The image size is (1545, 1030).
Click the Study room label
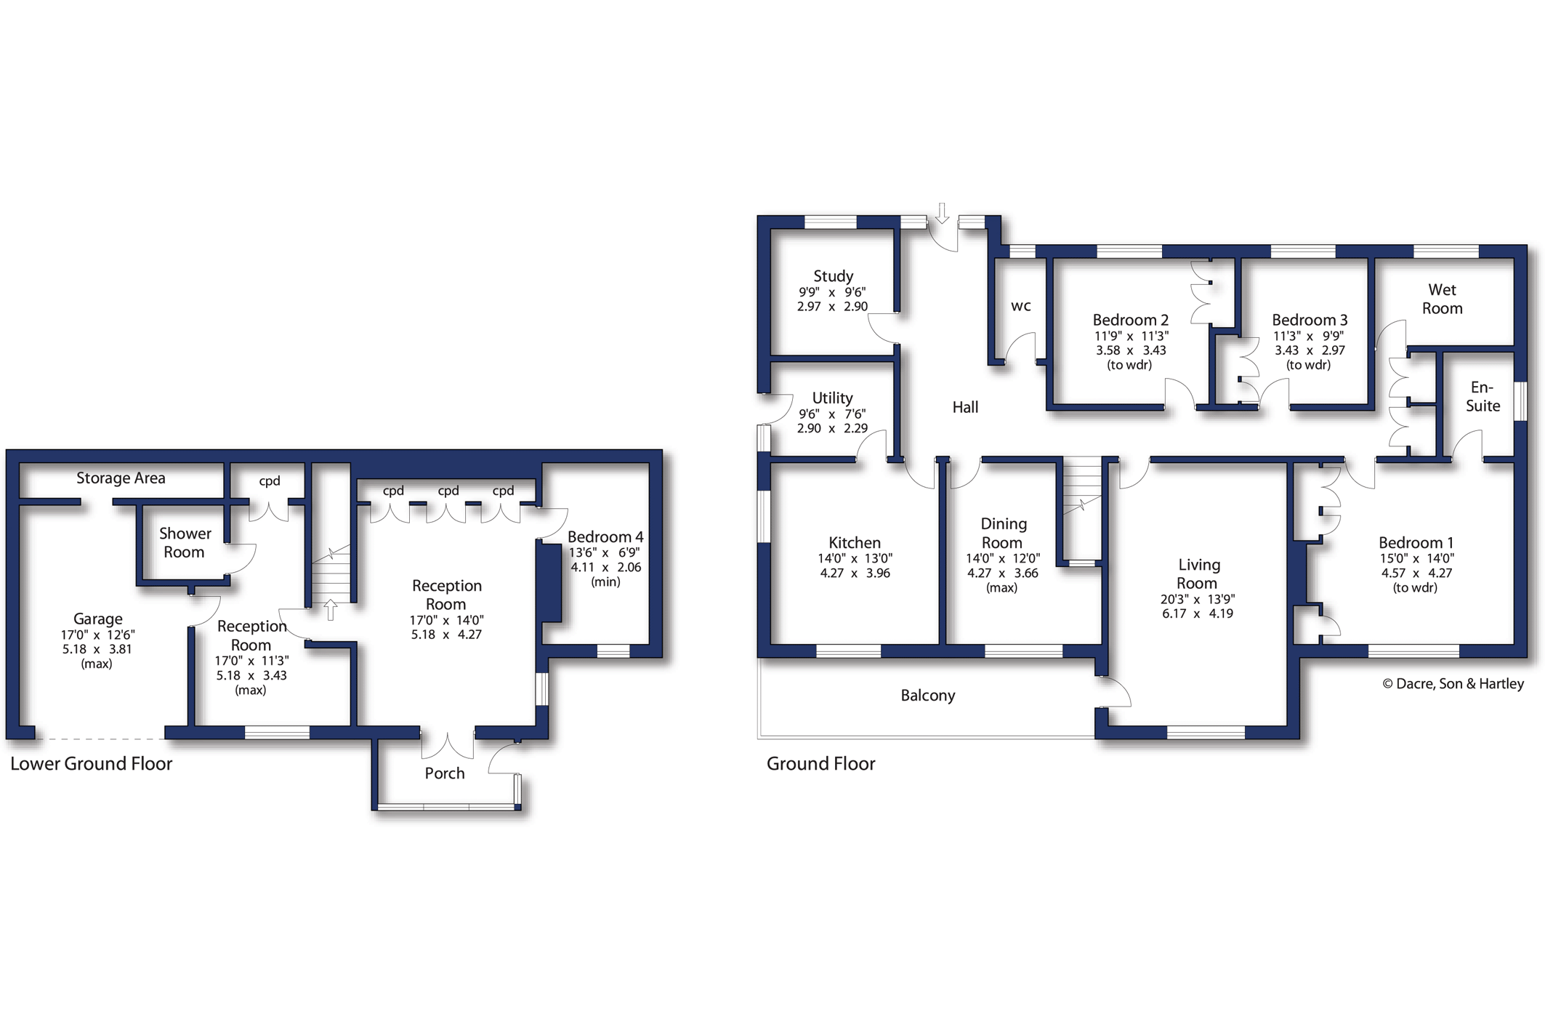pyautogui.click(x=833, y=276)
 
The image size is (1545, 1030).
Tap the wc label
pyautogui.click(x=1020, y=306)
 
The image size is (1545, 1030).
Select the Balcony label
pyautogui.click(x=927, y=696)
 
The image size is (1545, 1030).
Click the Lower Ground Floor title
pyautogui.click(x=91, y=764)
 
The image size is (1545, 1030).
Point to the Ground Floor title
pyautogui.click(x=820, y=764)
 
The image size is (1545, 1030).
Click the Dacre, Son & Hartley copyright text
pyautogui.click(x=1453, y=684)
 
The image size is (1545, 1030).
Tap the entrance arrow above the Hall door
pyautogui.click(x=942, y=213)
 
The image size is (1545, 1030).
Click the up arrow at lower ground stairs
pyautogui.click(x=331, y=609)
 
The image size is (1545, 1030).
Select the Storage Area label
pyautogui.click(x=121, y=478)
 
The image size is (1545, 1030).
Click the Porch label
pyautogui.click(x=444, y=773)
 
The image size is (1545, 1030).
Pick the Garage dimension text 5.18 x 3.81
pyautogui.click(x=97, y=649)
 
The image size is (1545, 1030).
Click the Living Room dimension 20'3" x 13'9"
pyautogui.click(x=1197, y=600)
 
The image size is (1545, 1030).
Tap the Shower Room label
pyautogui.click(x=185, y=543)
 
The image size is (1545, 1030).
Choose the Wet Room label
pyautogui.click(x=1442, y=299)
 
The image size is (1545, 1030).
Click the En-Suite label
pyautogui.click(x=1482, y=397)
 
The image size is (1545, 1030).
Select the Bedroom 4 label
pyautogui.click(x=605, y=537)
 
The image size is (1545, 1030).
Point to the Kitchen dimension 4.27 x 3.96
pyautogui.click(x=855, y=574)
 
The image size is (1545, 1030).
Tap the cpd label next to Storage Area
pyautogui.click(x=269, y=481)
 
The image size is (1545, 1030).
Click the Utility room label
pyautogui.click(x=832, y=398)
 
